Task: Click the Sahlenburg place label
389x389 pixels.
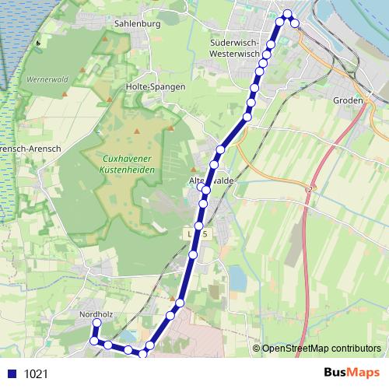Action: coord(136,24)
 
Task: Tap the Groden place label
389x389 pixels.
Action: coord(347,101)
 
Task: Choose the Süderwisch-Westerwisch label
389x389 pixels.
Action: coord(240,48)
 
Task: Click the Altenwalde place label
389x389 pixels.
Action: coord(214,180)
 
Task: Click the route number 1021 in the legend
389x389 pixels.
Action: coord(36,373)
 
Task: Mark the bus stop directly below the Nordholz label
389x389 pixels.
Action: coord(97,323)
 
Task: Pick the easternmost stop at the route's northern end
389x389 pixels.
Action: coord(295,22)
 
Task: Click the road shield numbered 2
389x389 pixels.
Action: coord(310,189)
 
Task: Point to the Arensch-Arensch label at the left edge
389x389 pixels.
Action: coord(21,148)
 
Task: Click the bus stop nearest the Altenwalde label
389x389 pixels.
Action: coord(206,189)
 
